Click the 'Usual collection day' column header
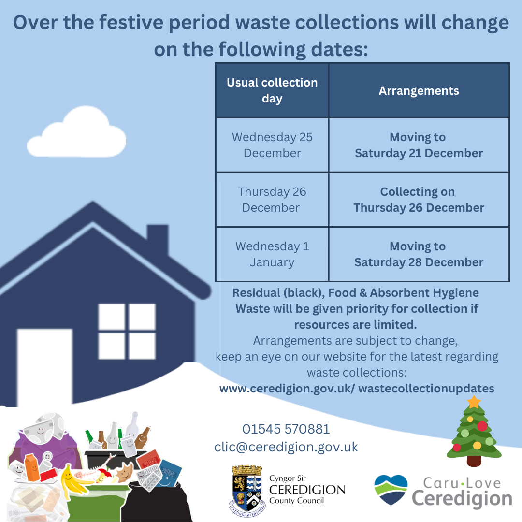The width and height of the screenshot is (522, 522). (272, 90)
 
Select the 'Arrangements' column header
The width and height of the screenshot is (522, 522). (419, 91)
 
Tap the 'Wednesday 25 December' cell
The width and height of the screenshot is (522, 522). (272, 145)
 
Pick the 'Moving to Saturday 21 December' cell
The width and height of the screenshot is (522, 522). (419, 145)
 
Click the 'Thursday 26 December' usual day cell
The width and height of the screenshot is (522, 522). (272, 200)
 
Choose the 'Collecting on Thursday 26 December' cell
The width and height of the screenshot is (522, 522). (419, 200)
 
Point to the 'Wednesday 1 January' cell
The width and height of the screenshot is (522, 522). (272, 254)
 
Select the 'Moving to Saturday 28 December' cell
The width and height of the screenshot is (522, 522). (419, 254)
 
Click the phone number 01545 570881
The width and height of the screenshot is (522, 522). (286, 429)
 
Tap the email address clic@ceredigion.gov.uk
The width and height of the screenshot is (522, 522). (286, 447)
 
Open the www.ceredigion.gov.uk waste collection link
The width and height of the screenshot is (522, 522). (357, 389)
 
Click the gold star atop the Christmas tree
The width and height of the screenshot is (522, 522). (474, 401)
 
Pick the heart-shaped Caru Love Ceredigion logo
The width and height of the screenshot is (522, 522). (391, 489)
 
